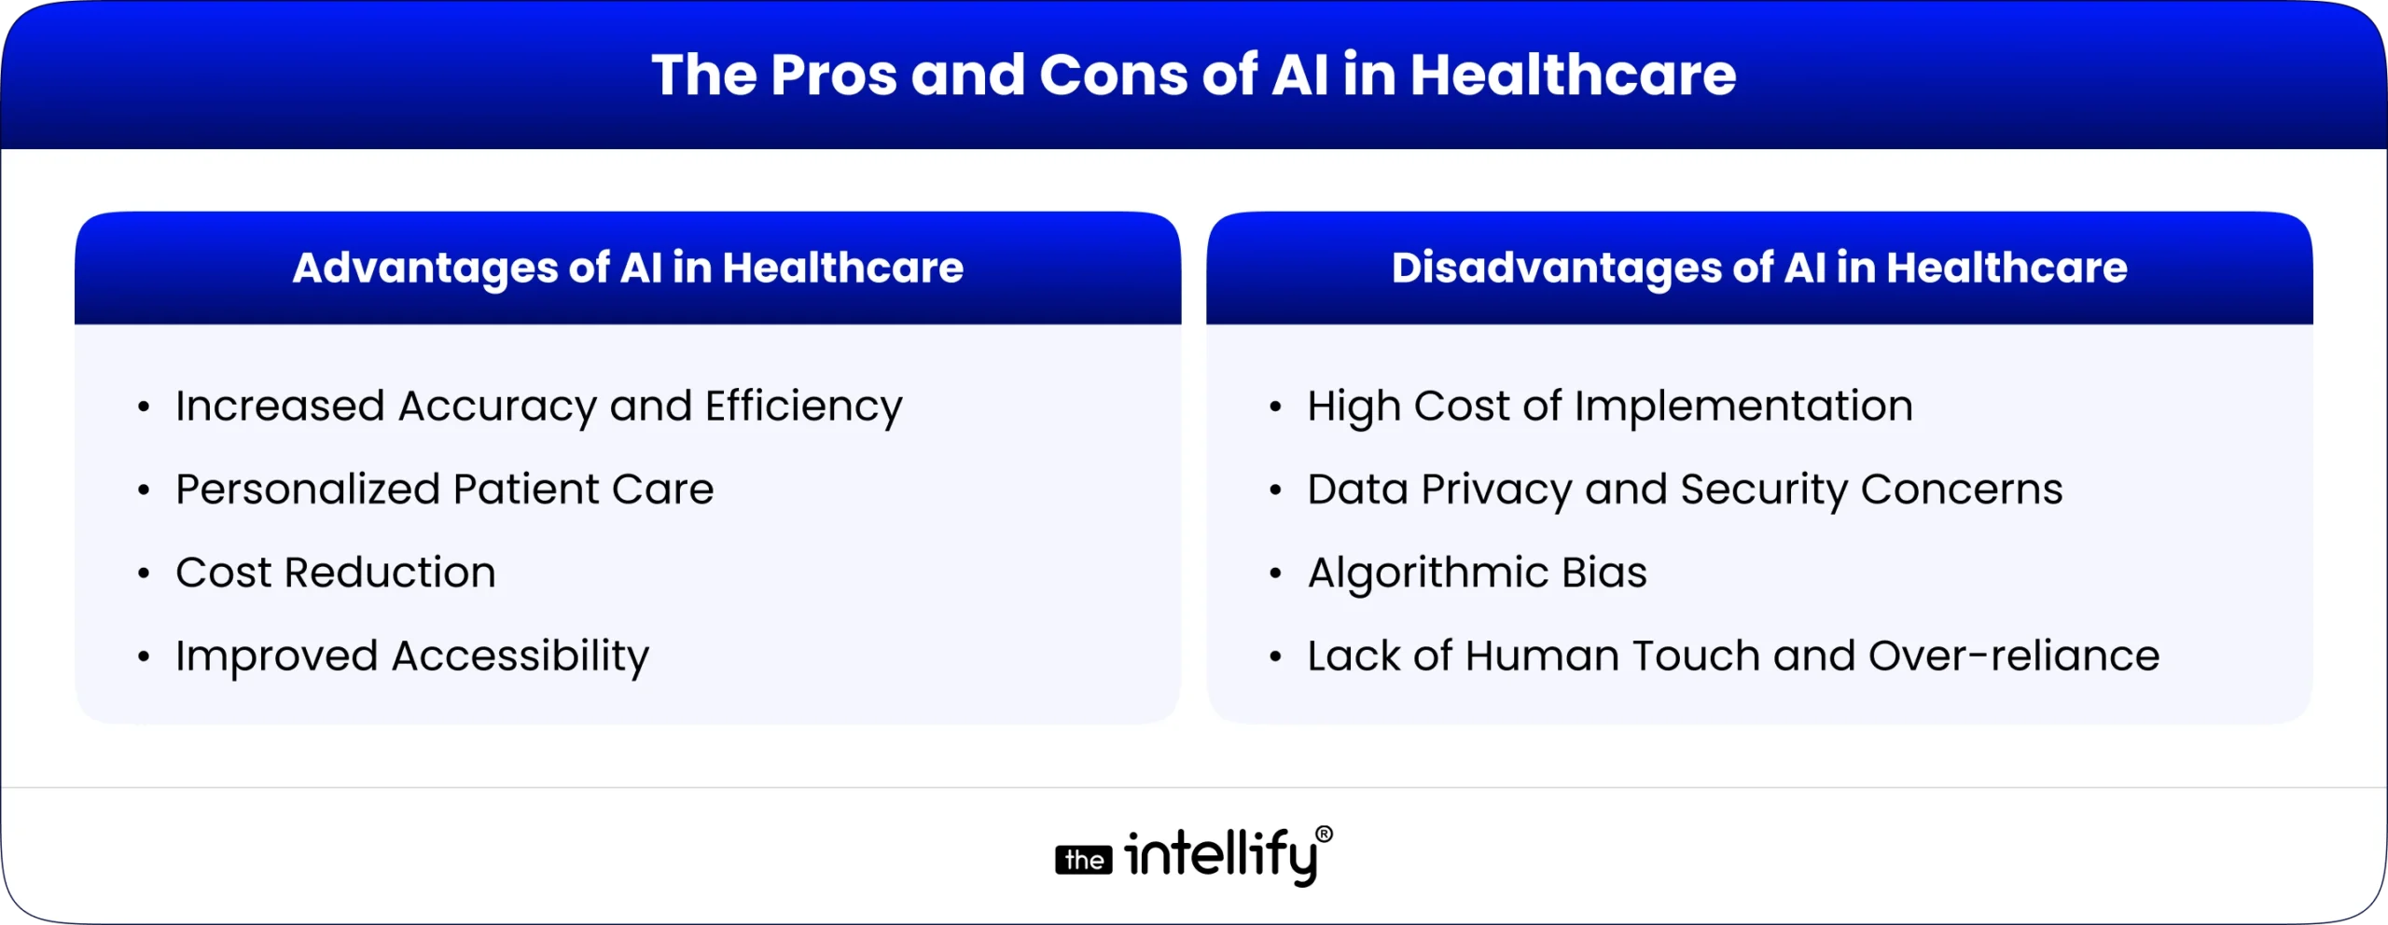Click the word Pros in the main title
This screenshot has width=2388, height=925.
[x=833, y=75]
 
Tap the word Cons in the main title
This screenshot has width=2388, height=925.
[x=1114, y=75]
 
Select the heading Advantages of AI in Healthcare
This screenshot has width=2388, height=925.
[x=628, y=269]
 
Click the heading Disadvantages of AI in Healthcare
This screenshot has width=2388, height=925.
[x=1759, y=269]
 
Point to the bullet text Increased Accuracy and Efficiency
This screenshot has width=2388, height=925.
[x=538, y=407]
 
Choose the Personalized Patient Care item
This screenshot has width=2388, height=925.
[x=444, y=490]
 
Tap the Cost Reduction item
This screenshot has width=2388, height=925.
[x=335, y=573]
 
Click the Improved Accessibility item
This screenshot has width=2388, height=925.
[x=411, y=656]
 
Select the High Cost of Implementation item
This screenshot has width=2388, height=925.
[x=1609, y=407]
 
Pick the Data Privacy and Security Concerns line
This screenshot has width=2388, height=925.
[x=1684, y=490]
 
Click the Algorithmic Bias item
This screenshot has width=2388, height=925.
[x=1477, y=573]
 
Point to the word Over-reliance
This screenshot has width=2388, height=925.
[x=2014, y=656]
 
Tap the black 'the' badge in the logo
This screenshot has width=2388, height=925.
[x=1084, y=860]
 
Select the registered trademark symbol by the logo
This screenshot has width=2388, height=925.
[x=1324, y=834]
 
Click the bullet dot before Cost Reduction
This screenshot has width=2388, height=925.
[x=144, y=573]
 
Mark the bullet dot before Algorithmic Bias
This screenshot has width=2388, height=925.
[x=1275, y=573]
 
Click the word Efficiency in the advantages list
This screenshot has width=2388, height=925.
[x=803, y=407]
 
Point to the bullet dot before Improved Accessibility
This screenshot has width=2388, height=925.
[x=144, y=657]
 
